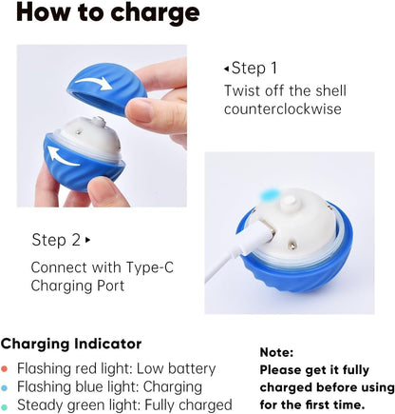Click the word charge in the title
[x=150, y=14]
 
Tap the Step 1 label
[x=255, y=68]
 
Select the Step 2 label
[x=56, y=239]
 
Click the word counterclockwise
[x=281, y=109]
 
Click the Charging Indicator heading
[x=71, y=344]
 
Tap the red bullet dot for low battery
[x=8, y=369]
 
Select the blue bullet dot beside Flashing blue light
[x=8, y=388]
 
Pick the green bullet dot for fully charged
[x=8, y=406]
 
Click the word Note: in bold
[x=276, y=351]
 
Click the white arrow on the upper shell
[x=92, y=84]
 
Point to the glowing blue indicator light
[x=270, y=195]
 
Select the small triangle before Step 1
[x=226, y=69]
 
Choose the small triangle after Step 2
[x=88, y=240]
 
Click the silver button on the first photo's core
[x=96, y=121]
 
